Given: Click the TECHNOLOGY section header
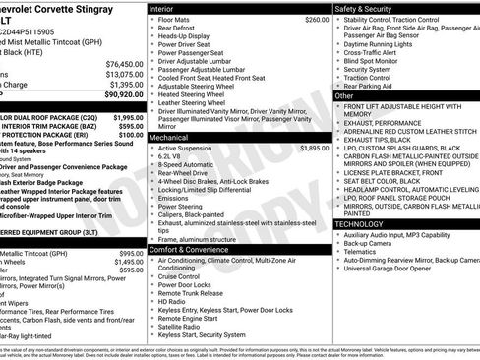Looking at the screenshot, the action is coord(366,224).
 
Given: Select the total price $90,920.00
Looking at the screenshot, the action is coord(114,94).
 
